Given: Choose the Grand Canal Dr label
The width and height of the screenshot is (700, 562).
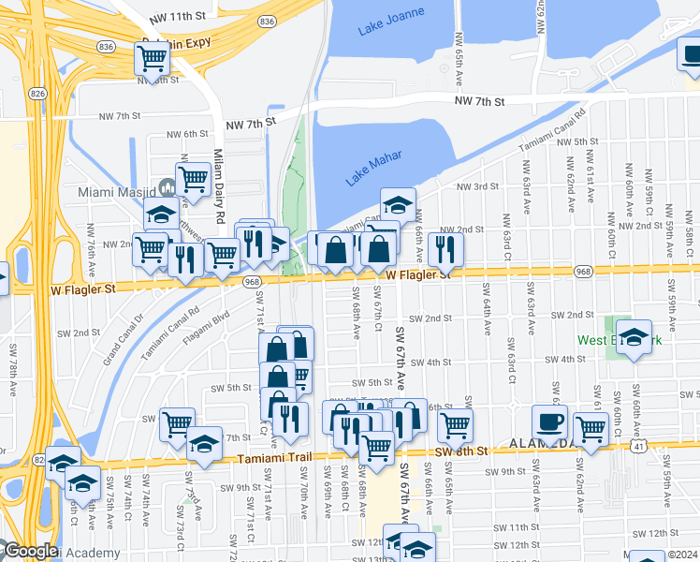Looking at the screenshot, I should pos(122,343).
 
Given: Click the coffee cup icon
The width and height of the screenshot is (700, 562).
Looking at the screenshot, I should pos(549,421).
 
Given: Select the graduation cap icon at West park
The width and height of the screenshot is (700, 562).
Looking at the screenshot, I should pos(634,339).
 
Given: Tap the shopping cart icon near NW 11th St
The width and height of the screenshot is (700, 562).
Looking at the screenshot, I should pos(153,58).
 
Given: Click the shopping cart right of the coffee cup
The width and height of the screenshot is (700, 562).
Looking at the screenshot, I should pos(591,429).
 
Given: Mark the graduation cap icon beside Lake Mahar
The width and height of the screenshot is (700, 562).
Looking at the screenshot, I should pos(398,204).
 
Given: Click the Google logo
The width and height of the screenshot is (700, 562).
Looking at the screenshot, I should pos(31,551).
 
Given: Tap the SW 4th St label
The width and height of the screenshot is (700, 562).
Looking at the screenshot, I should pos(431,362).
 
